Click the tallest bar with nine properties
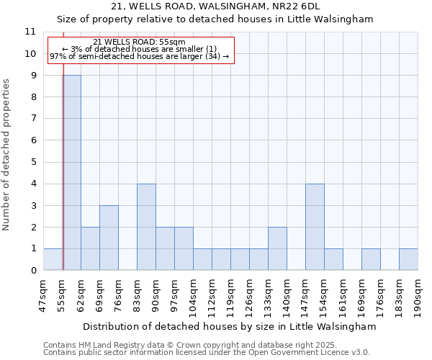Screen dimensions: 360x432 pos(71,173)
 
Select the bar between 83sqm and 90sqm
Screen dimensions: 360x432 pos(146,227)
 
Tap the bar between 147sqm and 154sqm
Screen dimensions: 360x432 pos(315,227)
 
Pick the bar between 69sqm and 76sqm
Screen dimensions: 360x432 pos(109,238)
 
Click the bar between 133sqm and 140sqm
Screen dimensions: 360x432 pos(277,248)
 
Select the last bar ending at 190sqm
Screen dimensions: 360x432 pos(408,259)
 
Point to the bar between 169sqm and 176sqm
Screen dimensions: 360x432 pos(371,259)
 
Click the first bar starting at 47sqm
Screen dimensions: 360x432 pos(53,259)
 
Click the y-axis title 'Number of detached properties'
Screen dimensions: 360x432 pos(7,155)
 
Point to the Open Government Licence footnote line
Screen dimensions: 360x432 pos(207,353)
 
